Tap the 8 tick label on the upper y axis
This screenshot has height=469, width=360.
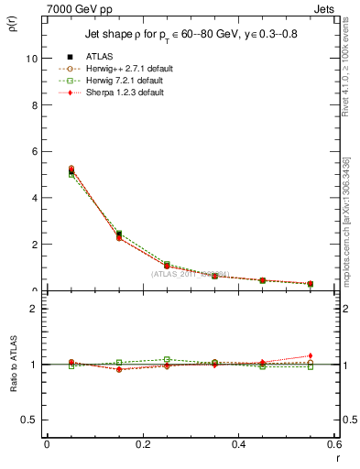[x=34, y=104]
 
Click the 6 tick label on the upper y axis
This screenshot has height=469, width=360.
[x=34, y=151]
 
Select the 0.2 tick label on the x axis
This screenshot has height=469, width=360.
[x=142, y=444]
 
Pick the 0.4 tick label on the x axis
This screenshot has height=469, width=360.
[x=238, y=444]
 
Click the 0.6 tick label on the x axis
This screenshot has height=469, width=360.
[x=333, y=444]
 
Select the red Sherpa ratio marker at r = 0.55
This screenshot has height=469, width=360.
[x=311, y=355]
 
